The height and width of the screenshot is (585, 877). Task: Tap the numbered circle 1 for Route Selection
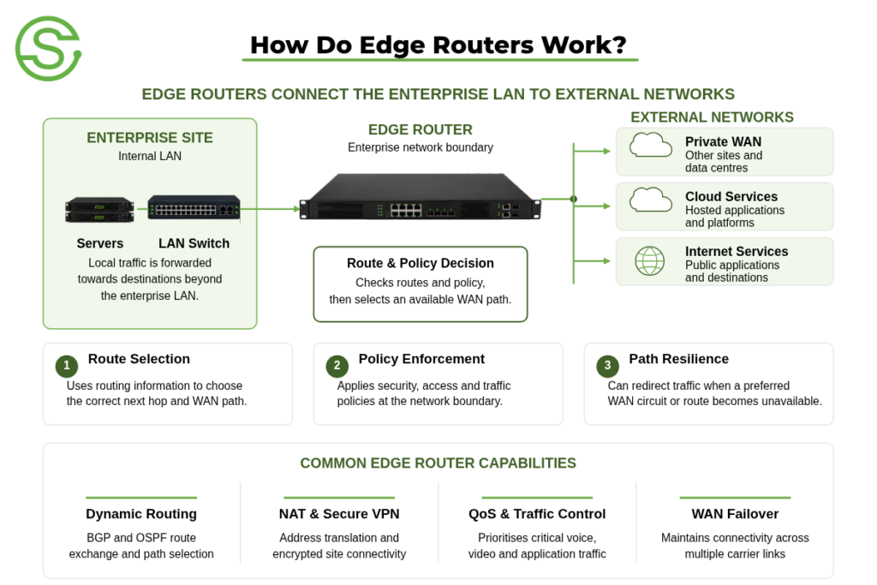67,366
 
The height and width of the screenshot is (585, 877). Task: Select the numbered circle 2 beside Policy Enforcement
337,366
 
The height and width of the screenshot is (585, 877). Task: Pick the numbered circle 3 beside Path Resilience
608,366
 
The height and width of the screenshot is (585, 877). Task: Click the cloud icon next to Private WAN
651,145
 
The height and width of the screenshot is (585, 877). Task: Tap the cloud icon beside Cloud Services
651,200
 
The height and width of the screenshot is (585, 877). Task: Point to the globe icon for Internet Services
650,261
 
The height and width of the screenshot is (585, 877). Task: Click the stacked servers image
99,210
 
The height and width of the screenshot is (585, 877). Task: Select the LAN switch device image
194,207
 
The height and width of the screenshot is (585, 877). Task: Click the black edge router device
421,197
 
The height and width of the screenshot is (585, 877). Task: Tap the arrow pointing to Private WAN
592,151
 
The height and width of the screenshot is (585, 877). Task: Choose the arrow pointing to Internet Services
592,261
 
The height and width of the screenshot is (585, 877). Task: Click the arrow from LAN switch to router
271,209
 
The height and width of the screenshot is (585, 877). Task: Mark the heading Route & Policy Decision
421,264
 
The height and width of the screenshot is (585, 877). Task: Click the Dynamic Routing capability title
141,514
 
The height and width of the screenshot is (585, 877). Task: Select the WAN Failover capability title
735,514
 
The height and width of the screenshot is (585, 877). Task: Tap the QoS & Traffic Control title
537,514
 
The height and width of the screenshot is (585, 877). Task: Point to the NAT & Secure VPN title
339,514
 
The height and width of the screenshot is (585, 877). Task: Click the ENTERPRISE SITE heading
150,138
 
